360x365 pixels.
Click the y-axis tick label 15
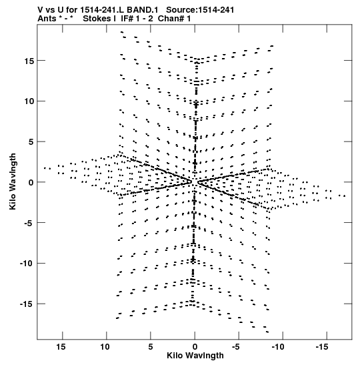tap(29, 61)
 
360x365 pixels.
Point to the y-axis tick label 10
tap(29, 101)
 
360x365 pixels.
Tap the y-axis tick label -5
tap(29, 223)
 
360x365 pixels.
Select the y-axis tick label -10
tap(27, 264)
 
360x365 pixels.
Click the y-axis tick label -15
tap(27, 304)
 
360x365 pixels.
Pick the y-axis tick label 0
tap(31, 183)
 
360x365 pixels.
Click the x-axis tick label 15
tap(61, 347)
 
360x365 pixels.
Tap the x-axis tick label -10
tap(278, 347)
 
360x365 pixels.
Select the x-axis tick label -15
tap(322, 347)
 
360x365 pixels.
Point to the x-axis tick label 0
tap(195, 347)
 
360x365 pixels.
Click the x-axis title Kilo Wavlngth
tap(195, 356)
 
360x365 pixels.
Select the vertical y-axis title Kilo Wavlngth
tap(13, 181)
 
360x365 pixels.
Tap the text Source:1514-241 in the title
tap(200, 10)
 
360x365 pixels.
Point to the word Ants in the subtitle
tap(47, 19)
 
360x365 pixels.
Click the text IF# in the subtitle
tap(127, 19)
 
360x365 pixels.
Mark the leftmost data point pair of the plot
tap(47, 168)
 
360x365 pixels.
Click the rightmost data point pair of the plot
tap(342, 196)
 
